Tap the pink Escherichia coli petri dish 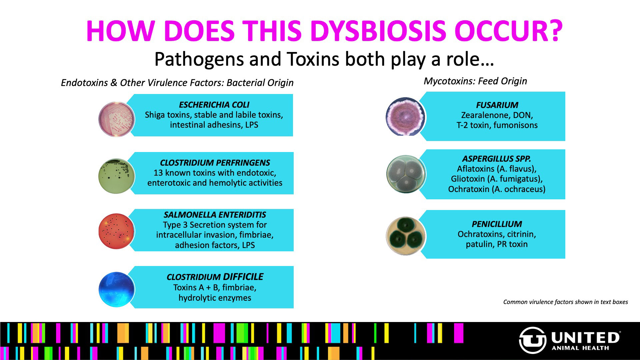tap(117, 119)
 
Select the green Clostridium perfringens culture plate tap(117, 176)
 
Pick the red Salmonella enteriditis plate tap(117, 231)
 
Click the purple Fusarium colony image tap(405, 116)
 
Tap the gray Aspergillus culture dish tap(406, 174)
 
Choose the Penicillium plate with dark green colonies tap(406, 236)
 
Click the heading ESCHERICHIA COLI tap(214, 105)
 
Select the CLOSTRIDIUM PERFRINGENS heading tap(215, 163)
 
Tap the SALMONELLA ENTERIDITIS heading tap(215, 215)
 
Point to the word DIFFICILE tap(243, 277)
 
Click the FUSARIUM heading tap(497, 105)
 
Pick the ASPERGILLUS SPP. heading tap(497, 159)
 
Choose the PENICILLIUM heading tap(497, 224)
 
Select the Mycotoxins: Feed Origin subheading tap(475, 81)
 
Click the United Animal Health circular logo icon tap(532, 340)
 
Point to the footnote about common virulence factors tap(565, 302)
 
